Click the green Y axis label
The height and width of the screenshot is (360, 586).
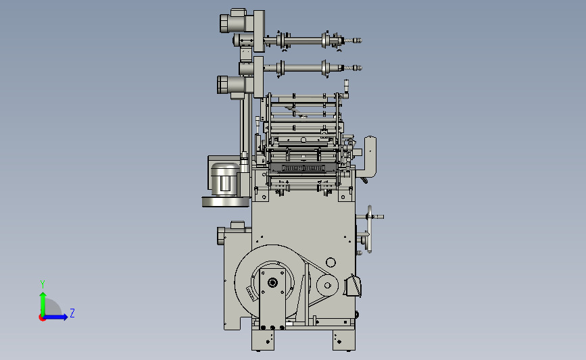point(43,284)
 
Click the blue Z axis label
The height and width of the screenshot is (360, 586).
point(72,313)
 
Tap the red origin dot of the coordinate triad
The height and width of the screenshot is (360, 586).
point(42,317)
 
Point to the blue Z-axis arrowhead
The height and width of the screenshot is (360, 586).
point(65,317)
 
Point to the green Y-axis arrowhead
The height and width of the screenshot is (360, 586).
point(43,295)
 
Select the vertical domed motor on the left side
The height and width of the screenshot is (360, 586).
point(224,179)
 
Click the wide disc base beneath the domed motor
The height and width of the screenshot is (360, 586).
point(226,202)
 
